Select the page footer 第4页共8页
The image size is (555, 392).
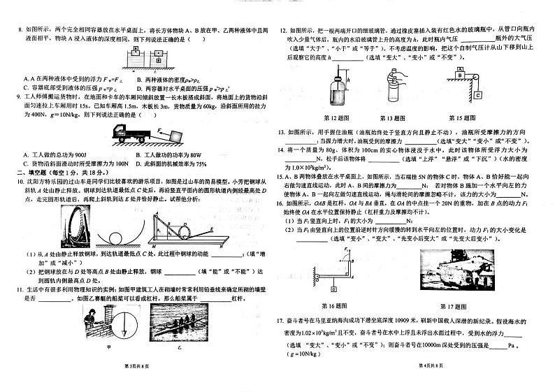tap(418, 384)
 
